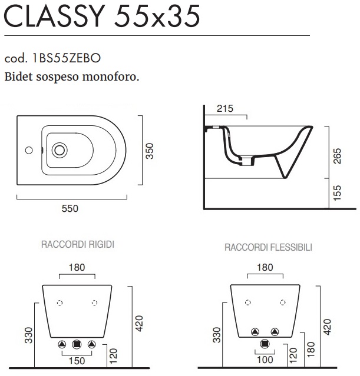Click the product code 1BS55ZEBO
(x=66, y=58)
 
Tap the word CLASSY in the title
(x=54, y=16)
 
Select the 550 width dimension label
(x=70, y=208)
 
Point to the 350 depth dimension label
(x=150, y=151)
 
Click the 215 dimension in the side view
(x=225, y=109)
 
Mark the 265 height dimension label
(x=337, y=156)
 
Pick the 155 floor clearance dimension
(x=337, y=193)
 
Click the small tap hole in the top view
(x=29, y=151)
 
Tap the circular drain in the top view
(x=60, y=150)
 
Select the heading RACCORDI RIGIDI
(x=78, y=244)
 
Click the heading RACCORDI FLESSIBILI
(x=268, y=247)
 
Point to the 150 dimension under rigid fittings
(x=77, y=361)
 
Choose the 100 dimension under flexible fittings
(x=265, y=360)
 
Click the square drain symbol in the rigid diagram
(x=77, y=345)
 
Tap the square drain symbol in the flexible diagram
(x=265, y=344)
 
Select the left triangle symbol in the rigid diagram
(x=62, y=345)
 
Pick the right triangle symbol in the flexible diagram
(x=275, y=332)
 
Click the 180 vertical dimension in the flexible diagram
(x=311, y=349)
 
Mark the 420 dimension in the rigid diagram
(x=139, y=324)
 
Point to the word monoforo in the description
(x=111, y=77)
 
